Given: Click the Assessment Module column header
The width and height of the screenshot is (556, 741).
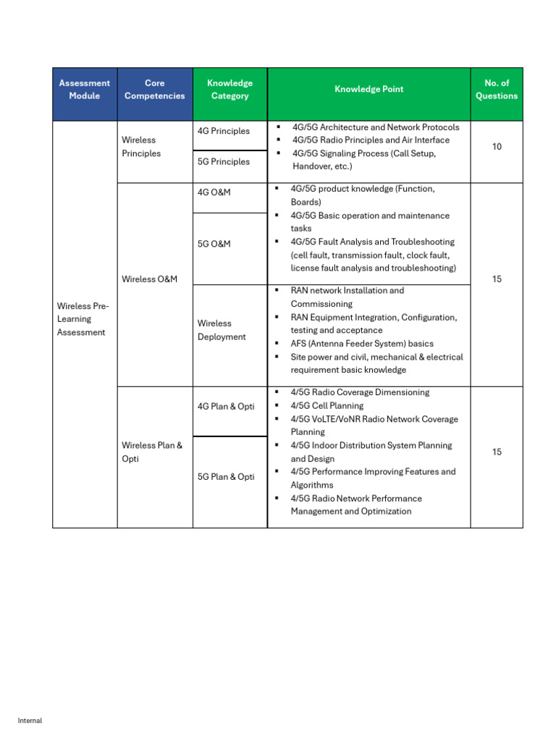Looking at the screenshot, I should point(85,89).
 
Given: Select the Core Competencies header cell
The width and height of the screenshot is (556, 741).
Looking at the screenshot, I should point(154,89).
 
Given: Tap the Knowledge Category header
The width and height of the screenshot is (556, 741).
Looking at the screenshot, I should point(229,89).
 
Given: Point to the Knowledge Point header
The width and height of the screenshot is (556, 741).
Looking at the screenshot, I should point(368,89).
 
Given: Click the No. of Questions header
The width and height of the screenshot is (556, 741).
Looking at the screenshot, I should point(497,89).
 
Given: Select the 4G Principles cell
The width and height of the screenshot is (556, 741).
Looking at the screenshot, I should point(224,131).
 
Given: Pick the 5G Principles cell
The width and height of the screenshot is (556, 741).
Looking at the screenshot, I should point(224,161).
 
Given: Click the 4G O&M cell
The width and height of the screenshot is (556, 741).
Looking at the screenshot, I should point(214,192).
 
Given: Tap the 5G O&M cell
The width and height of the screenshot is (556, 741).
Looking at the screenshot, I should point(214,244).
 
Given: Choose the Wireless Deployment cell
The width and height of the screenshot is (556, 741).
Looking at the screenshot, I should point(222,330).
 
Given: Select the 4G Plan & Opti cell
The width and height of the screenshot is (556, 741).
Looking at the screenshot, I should point(226,407).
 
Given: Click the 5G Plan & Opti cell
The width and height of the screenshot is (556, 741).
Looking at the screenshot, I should point(226,477).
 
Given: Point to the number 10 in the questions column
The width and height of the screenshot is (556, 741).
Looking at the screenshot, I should point(497,147).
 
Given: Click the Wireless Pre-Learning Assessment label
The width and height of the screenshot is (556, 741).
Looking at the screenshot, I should point(83,319).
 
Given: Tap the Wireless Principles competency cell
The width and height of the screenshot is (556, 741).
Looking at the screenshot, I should point(141,147).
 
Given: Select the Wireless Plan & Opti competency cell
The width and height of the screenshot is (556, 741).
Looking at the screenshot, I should point(152,452).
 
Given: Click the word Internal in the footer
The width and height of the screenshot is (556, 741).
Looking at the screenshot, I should point(30,721).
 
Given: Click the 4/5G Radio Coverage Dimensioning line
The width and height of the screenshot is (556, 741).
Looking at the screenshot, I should point(360,392).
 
